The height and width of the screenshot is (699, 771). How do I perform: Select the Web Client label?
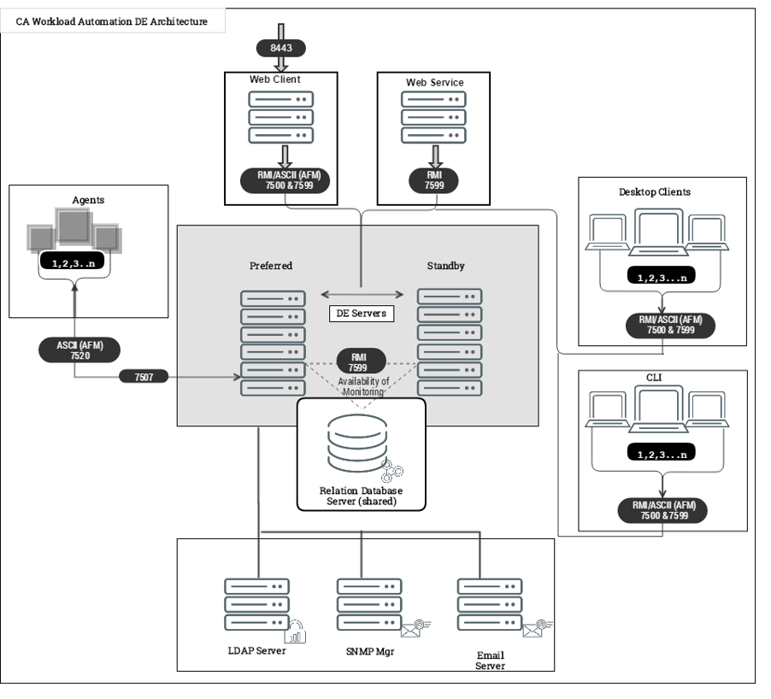(274, 79)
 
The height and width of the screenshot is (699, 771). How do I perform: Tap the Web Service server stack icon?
(433, 116)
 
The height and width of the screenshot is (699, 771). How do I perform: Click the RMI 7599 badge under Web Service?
(433, 179)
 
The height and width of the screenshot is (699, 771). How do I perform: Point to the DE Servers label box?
(360, 314)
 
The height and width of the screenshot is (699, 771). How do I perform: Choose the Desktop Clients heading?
(656, 192)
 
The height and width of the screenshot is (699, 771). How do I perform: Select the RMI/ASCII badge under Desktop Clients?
(663, 326)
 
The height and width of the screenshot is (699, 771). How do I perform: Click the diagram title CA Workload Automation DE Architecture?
(112, 21)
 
